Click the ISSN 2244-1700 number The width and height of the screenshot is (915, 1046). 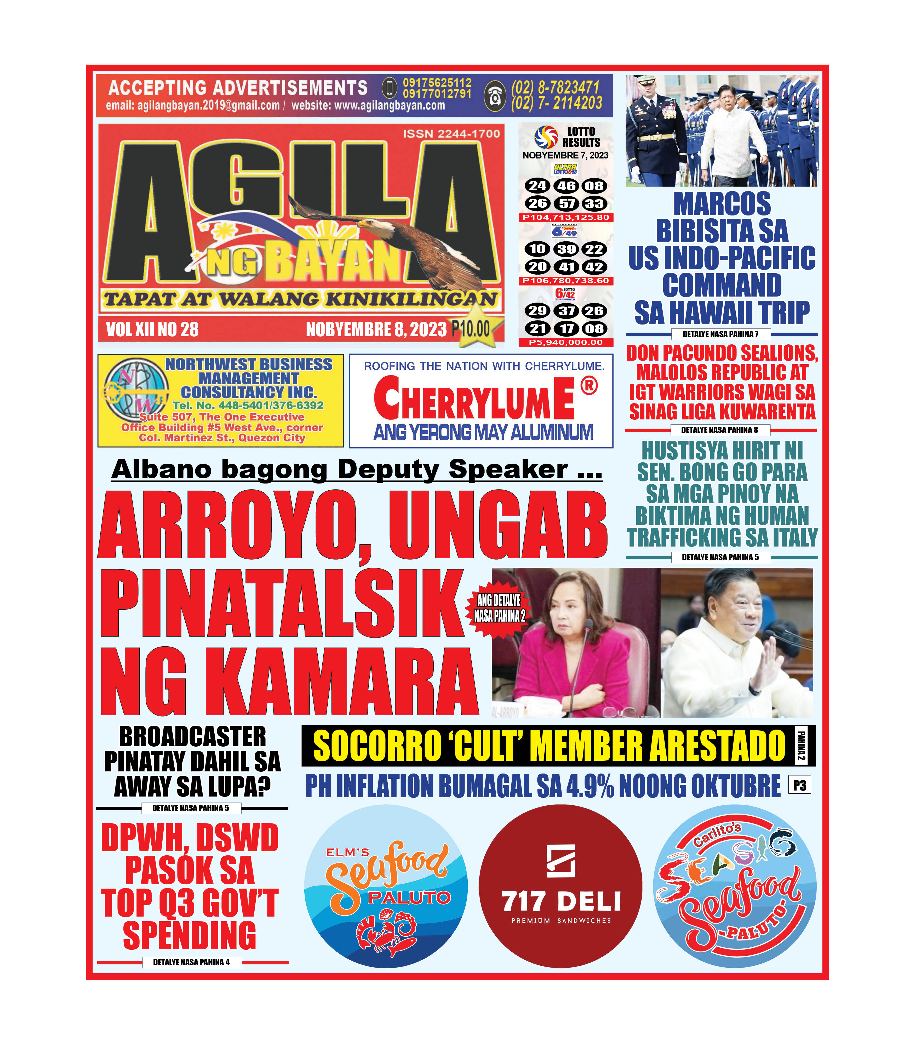(451, 134)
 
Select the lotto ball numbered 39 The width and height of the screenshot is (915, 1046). (566, 249)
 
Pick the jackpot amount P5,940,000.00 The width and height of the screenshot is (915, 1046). (566, 342)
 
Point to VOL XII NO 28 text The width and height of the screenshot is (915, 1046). (152, 329)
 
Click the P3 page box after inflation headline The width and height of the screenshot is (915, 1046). (800, 786)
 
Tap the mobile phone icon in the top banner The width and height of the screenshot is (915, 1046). (390, 88)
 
